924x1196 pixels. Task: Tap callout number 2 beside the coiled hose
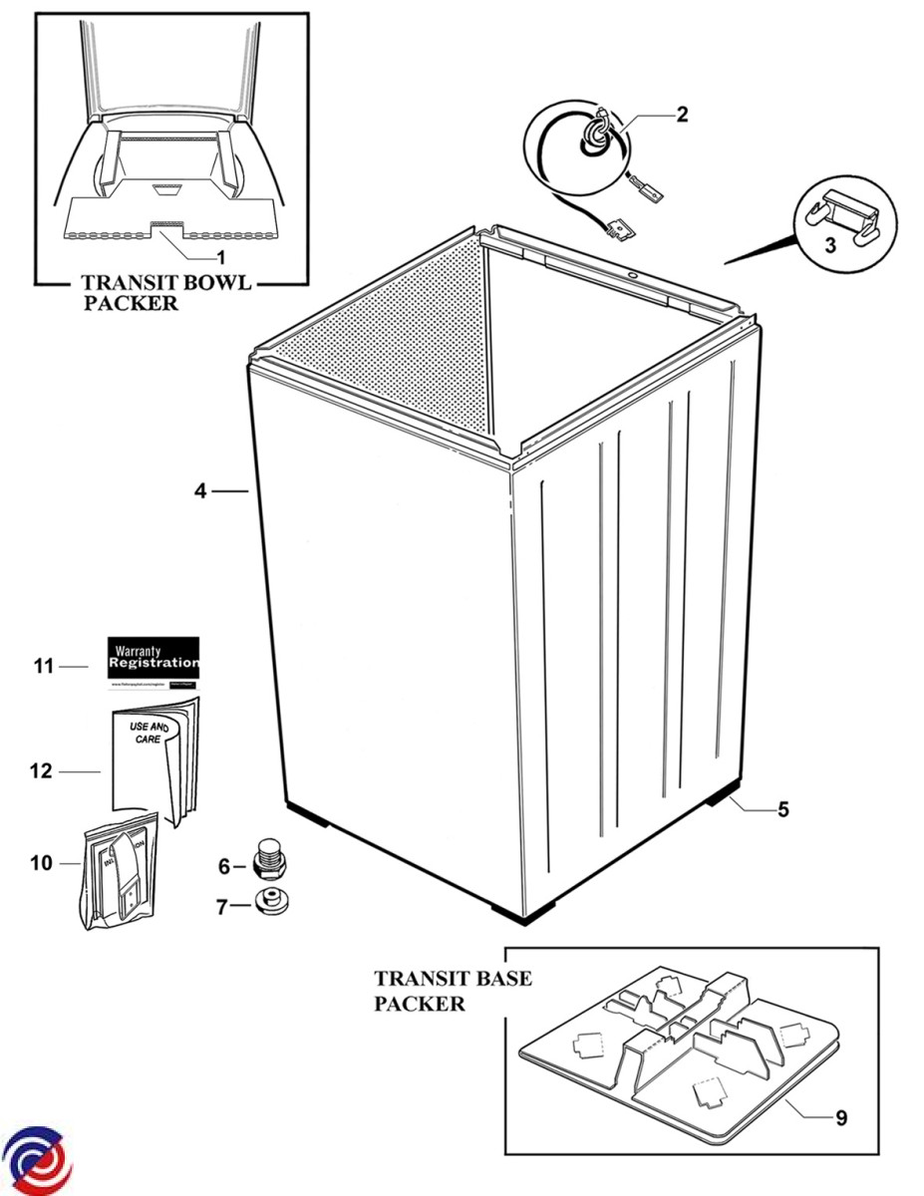coord(683,115)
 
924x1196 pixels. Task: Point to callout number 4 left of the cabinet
coord(200,490)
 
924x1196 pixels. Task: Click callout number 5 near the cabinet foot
coord(783,809)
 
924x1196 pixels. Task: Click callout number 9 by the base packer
coord(841,1118)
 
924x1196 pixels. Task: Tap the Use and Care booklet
coord(155,760)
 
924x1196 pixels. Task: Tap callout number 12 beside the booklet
coord(41,771)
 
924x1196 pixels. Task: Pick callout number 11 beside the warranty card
coord(43,666)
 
